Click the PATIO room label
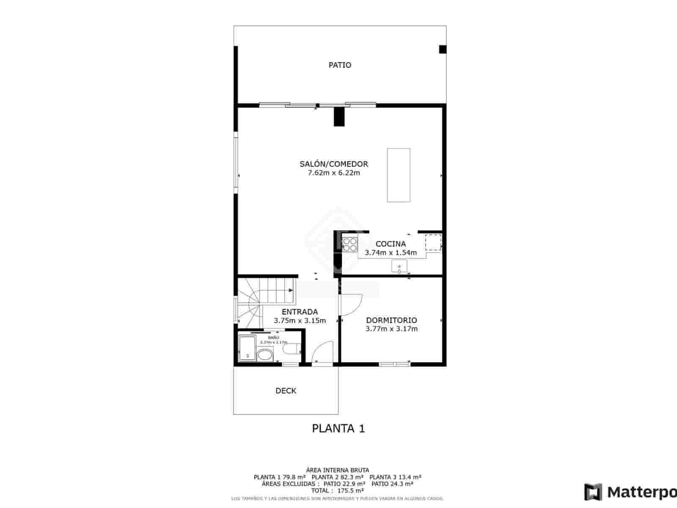(x=340, y=65)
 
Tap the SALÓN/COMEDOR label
(x=334, y=164)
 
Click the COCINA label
(x=391, y=244)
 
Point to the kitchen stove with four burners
(x=350, y=245)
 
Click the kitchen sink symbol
(x=399, y=267)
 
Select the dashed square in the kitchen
(x=433, y=242)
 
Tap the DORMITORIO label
(x=391, y=320)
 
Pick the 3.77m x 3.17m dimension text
(x=391, y=329)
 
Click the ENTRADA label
(x=300, y=312)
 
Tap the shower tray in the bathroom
(x=247, y=348)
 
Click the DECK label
(x=286, y=391)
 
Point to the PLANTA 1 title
(x=338, y=428)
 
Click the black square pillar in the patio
(x=443, y=50)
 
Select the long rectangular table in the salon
(x=399, y=175)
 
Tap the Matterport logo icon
(x=593, y=492)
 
